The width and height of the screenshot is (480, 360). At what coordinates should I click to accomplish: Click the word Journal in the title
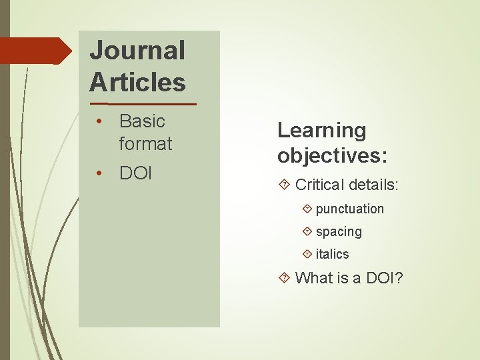pos(137,51)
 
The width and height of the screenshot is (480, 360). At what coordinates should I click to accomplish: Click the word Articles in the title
pos(137,83)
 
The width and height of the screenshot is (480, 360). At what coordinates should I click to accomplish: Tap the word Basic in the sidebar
pos(142,121)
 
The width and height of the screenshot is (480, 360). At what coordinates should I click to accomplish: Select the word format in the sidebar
pos(145,143)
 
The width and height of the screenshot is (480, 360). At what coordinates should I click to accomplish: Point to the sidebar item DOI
pos(135,174)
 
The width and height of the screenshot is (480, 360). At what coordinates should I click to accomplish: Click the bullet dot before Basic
pos(98,121)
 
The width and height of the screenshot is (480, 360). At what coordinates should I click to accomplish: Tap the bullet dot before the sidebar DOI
pos(98,174)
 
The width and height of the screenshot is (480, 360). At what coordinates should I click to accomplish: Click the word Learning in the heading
pos(322,130)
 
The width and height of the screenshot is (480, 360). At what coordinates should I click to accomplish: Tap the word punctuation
pos(350,209)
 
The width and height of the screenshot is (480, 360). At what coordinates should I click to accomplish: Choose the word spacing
pos(339,231)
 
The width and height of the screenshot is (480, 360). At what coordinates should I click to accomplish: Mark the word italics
pos(332,254)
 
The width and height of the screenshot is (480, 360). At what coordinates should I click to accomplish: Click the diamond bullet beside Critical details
pos(285,185)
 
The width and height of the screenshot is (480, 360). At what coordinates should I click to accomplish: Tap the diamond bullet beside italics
pos(307,254)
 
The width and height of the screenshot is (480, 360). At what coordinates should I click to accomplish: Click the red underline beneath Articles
pos(143,105)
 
